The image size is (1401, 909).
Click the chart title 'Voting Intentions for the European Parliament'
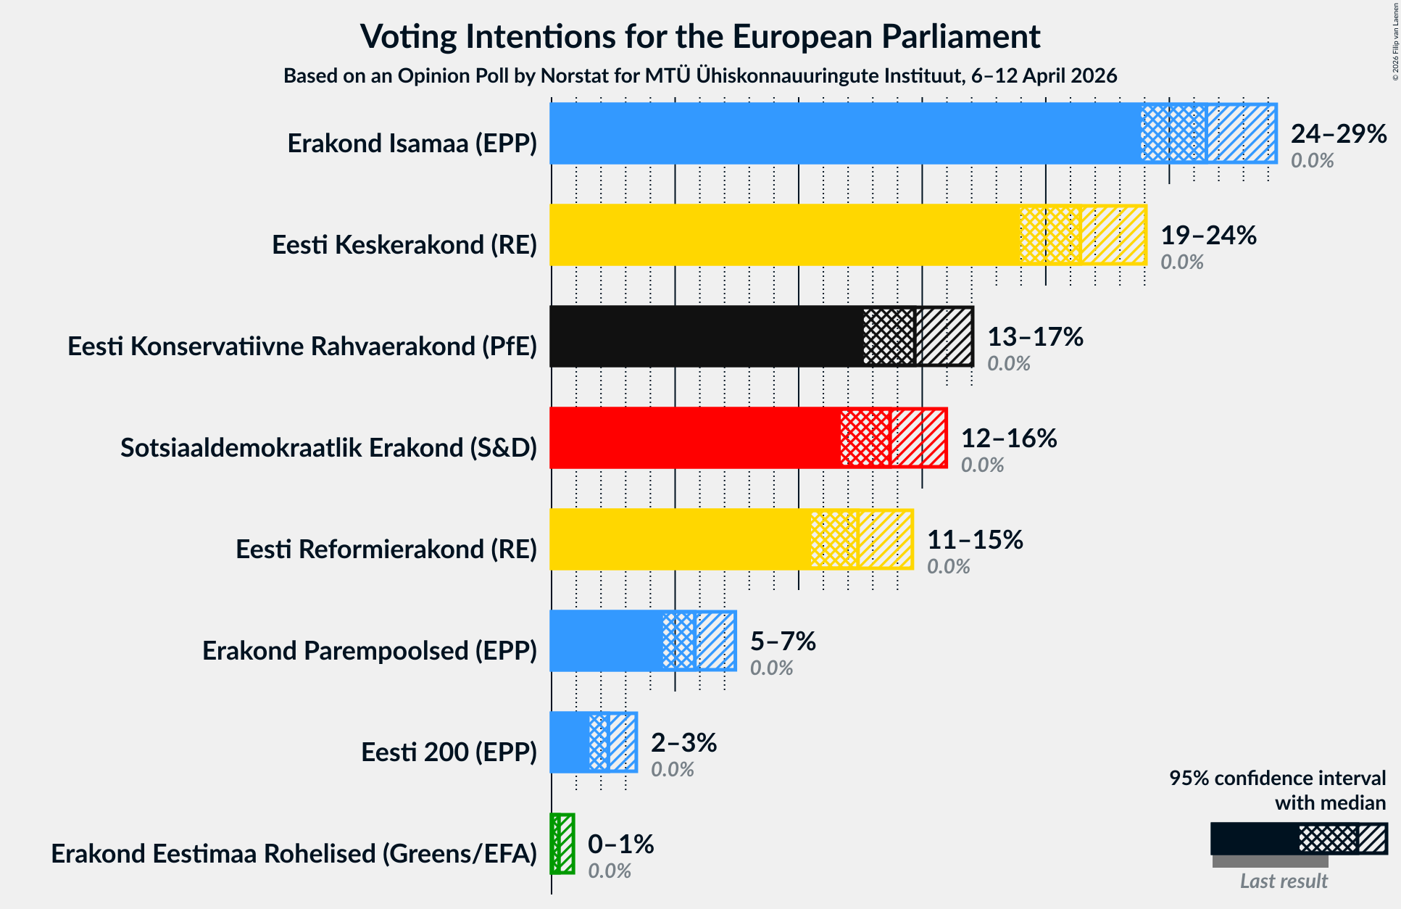coord(700,36)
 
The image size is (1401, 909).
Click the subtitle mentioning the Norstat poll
coord(700,75)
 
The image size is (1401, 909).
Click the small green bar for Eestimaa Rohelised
coord(555,844)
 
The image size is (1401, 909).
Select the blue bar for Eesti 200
coord(570,742)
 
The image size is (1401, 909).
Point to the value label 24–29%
coord(1338,133)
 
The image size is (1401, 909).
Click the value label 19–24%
coord(1208,235)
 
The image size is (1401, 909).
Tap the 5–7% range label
coord(783,641)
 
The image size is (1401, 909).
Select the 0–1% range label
coord(620,844)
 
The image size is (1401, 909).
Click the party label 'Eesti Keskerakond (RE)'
coord(404,245)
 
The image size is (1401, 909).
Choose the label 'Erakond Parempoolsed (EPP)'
coord(370,651)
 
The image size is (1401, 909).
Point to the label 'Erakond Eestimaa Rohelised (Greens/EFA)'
coord(294,854)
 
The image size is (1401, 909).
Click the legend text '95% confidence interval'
coord(1277,778)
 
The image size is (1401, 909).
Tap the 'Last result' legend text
coord(1283,881)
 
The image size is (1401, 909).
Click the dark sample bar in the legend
coord(1254,839)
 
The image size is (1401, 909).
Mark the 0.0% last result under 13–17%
coord(1008,363)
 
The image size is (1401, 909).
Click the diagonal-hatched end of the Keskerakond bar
coord(1113,235)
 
